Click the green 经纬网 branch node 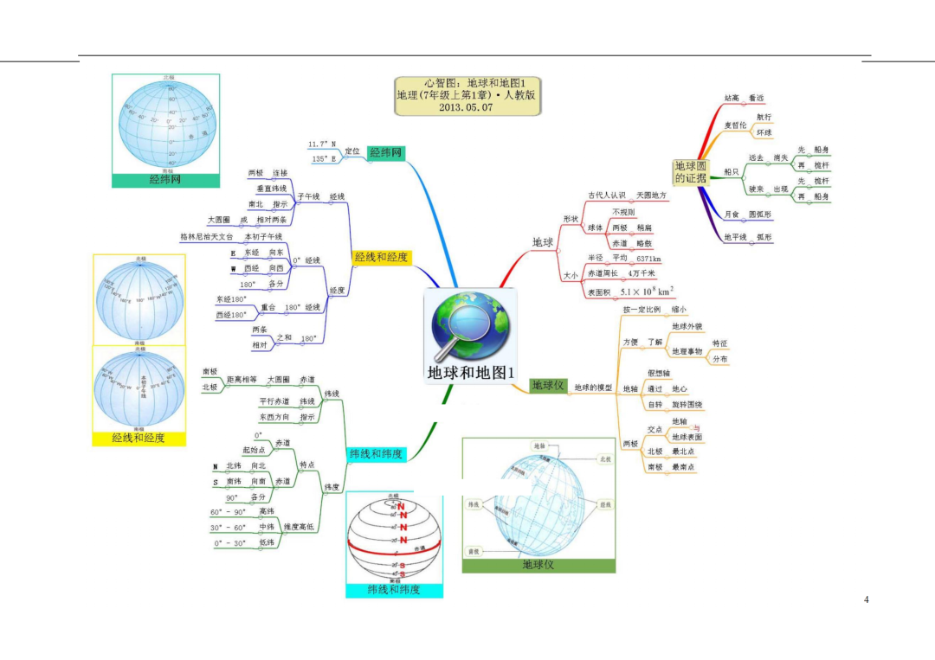[x=386, y=153]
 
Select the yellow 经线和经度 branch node [x=380, y=258]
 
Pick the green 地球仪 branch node [x=548, y=385]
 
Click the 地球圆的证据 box [x=690, y=171]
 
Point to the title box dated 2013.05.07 [x=466, y=95]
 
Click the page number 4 [x=866, y=600]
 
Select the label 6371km [x=648, y=259]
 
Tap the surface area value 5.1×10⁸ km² [x=647, y=292]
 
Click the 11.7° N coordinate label [x=321, y=144]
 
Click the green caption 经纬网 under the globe [x=165, y=180]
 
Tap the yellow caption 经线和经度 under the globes [x=139, y=439]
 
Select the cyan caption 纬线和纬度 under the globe [x=394, y=590]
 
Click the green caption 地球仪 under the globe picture [x=538, y=565]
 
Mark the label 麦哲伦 [x=735, y=125]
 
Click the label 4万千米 [x=642, y=274]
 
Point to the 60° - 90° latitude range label [x=229, y=512]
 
